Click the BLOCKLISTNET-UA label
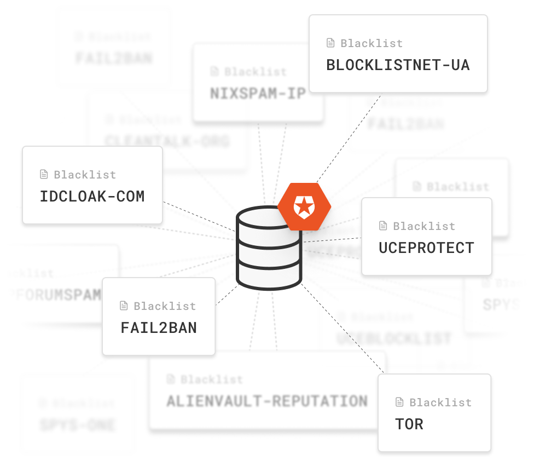[x=398, y=65]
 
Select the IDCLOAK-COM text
[x=92, y=197]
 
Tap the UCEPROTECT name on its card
[x=426, y=248]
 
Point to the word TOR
[x=409, y=424]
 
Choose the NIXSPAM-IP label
[x=258, y=94]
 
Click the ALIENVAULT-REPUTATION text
[x=267, y=401]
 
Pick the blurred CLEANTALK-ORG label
[x=167, y=141]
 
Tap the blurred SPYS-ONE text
[x=78, y=424]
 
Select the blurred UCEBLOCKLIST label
[x=394, y=338]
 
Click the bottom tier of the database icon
[x=269, y=277]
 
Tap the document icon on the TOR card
[x=399, y=402]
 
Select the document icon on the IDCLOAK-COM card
[x=44, y=175]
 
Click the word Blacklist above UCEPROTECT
[x=424, y=226]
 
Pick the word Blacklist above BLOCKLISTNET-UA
[x=372, y=43]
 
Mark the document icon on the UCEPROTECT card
[x=383, y=226]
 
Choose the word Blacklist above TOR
[x=440, y=402]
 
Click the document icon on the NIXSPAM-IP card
[x=214, y=72]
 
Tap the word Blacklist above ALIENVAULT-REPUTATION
[x=212, y=379]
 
